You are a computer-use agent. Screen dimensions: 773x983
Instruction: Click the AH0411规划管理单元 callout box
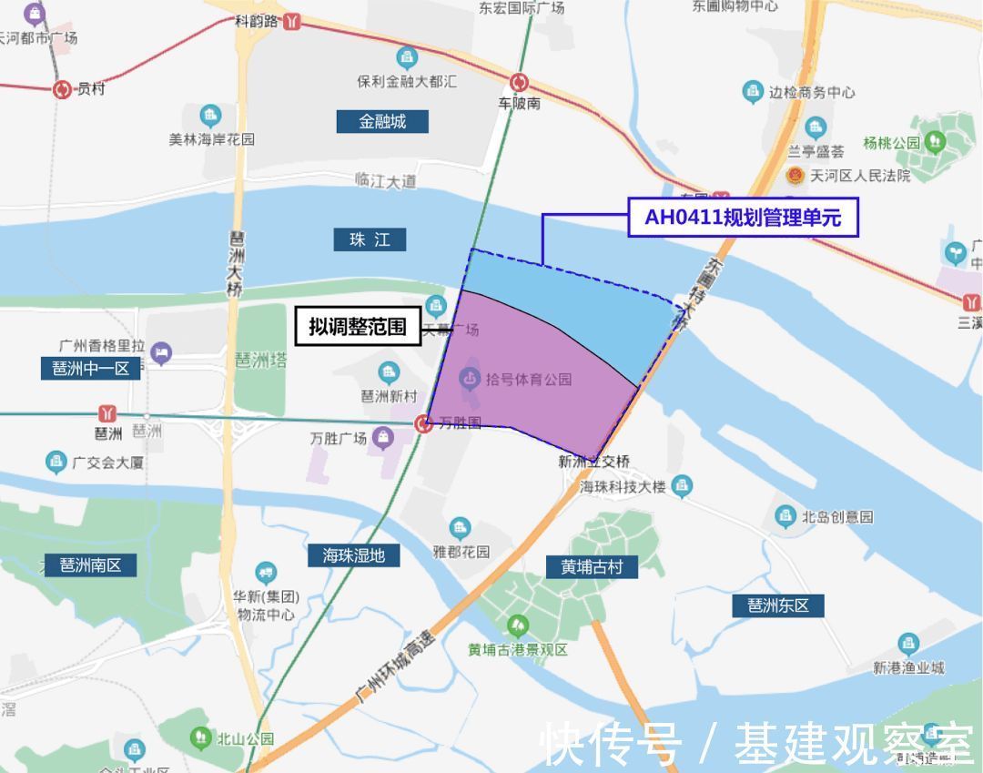coord(743,219)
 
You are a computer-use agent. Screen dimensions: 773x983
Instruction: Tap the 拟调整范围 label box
coord(357,326)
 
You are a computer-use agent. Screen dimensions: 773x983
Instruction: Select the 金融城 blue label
coord(382,121)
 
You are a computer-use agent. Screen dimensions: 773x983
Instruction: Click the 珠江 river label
coord(370,239)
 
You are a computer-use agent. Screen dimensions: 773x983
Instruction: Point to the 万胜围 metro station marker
coord(423,423)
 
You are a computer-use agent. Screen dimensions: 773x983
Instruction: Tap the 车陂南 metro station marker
coord(519,83)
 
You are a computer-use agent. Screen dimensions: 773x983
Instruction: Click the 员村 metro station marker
coord(62,89)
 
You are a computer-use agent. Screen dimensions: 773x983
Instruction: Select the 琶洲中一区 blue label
coord(91,369)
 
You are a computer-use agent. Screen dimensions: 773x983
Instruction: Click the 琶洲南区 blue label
coord(91,564)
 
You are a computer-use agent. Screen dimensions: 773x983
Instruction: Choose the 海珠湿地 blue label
coord(354,554)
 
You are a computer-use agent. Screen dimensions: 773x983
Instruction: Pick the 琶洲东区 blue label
coord(778,605)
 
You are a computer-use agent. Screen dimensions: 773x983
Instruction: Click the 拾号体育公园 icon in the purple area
coord(469,377)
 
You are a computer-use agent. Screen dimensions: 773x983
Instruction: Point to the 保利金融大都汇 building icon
coord(407,59)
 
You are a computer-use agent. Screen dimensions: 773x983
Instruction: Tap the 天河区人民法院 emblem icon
coord(795,175)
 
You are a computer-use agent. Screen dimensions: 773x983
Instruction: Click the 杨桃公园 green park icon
coord(935,142)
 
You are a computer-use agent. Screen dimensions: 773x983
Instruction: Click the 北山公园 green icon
coord(201,738)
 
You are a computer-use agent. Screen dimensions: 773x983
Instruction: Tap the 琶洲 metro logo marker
coord(108,414)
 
